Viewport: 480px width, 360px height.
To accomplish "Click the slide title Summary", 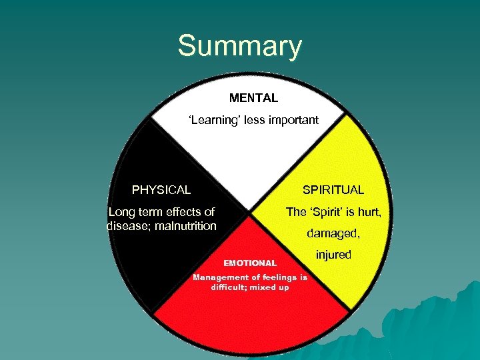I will click(x=239, y=47).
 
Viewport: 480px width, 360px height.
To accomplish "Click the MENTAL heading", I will click(x=253, y=98).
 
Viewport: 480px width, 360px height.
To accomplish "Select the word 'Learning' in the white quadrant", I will click(x=211, y=121).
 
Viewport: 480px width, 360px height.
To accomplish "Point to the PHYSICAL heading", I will click(x=161, y=190).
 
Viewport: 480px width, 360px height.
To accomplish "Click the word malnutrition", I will click(x=184, y=226).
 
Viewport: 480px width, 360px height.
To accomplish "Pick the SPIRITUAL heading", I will click(x=333, y=190).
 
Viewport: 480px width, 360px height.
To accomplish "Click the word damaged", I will click(x=333, y=234).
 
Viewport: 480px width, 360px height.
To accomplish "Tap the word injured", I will click(x=333, y=255).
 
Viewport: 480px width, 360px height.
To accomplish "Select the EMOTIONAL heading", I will click(x=250, y=263).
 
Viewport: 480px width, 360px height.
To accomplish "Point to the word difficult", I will click(x=230, y=287).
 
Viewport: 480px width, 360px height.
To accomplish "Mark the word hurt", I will click(x=367, y=212).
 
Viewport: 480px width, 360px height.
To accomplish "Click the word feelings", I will click(x=279, y=277).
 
